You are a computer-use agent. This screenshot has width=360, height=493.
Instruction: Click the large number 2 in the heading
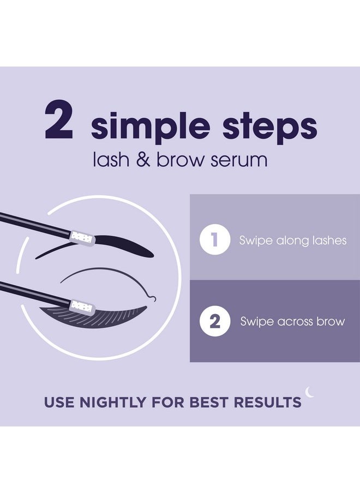click(x=59, y=119)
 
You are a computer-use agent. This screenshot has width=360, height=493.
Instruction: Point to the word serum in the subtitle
click(x=239, y=160)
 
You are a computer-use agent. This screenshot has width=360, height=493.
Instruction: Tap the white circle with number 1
click(x=215, y=239)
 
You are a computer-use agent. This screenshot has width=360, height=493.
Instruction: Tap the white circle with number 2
click(x=215, y=321)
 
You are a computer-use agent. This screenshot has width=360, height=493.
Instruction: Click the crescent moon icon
click(x=309, y=392)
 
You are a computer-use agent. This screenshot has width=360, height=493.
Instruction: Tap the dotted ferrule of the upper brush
click(x=82, y=238)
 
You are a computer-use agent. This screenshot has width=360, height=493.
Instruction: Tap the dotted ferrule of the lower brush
click(x=82, y=306)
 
